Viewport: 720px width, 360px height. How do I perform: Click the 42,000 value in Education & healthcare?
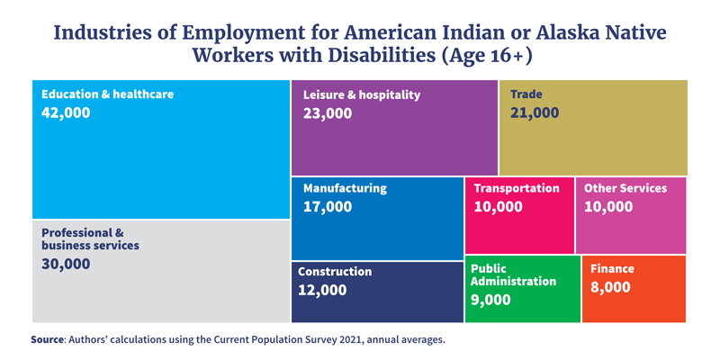66,113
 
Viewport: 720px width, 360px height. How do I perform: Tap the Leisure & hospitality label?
362,94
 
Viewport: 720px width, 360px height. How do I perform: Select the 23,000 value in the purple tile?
328,114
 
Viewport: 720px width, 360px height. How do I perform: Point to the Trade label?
526,94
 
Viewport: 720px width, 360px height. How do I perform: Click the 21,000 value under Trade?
535,113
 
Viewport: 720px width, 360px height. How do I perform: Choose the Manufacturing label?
345,188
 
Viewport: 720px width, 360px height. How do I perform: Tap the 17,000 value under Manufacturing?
328,207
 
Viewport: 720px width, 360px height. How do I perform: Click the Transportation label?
517,188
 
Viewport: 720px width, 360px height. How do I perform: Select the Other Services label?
625,188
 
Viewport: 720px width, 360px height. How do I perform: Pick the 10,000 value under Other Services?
608,207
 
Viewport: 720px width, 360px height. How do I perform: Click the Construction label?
335,271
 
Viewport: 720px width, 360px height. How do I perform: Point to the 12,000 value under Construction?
322,291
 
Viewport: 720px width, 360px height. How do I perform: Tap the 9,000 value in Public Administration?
490,301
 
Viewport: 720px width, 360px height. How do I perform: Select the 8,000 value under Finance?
610,288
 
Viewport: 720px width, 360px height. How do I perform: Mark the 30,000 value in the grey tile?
66,265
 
